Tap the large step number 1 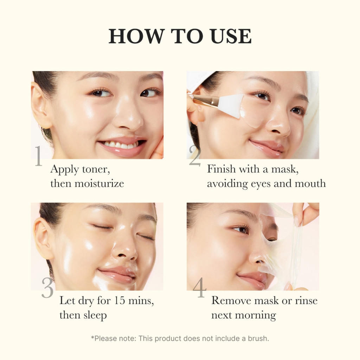38,156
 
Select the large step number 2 194,155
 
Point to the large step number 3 47,288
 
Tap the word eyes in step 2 263,183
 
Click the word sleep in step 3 95,315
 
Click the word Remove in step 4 231,301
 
